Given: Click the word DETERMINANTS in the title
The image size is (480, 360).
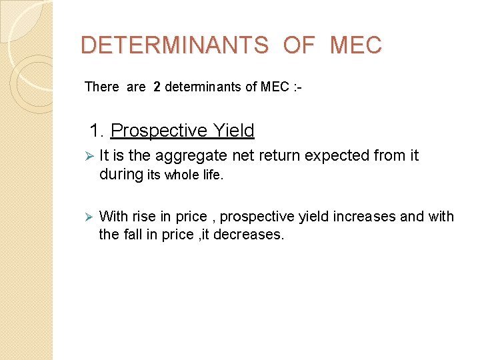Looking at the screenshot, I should pos(174,45).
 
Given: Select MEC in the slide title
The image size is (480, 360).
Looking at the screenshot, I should pos(355,45).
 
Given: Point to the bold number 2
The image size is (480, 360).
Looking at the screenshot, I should pos(157,87).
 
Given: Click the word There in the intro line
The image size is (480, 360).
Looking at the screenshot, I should pos(101,87).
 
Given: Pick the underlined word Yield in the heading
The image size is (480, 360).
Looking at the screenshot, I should pos(232,131).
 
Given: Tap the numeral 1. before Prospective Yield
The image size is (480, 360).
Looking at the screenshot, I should pos(97,131).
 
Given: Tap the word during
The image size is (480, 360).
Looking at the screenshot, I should pos(121,175).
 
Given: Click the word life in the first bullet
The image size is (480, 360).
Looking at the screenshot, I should pos(213,175).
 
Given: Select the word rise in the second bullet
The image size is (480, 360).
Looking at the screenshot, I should pos(144,217).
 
